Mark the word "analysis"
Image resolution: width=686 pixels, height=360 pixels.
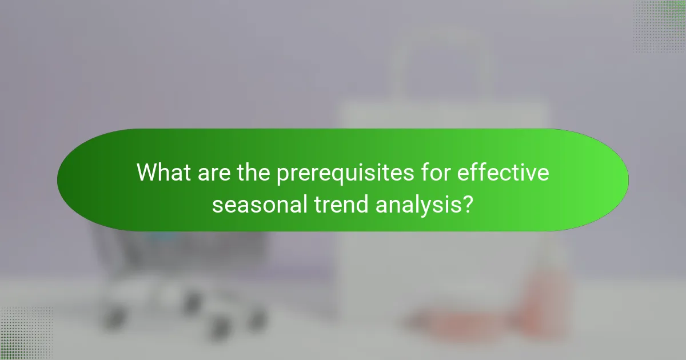click(417, 204)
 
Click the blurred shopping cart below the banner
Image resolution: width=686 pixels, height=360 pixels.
click(171, 274)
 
